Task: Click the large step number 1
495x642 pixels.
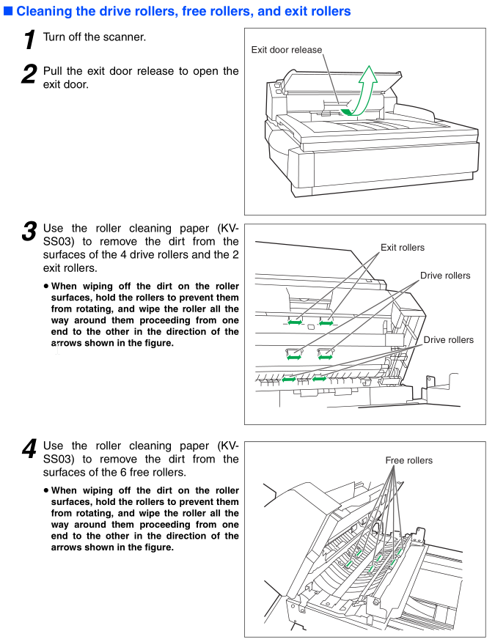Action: pyautogui.click(x=29, y=40)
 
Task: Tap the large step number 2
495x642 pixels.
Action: pyautogui.click(x=29, y=74)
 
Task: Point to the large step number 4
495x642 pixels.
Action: pyautogui.click(x=29, y=449)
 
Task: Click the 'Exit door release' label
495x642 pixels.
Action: pyautogui.click(x=286, y=50)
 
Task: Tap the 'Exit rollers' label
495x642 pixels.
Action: pyautogui.click(x=402, y=248)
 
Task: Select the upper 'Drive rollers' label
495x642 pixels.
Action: pyautogui.click(x=445, y=276)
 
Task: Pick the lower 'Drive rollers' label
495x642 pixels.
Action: pyautogui.click(x=448, y=340)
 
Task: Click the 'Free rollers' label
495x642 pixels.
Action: pyautogui.click(x=408, y=460)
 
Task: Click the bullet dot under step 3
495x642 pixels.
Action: pyautogui.click(x=45, y=287)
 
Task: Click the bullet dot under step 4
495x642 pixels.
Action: pyautogui.click(x=45, y=490)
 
